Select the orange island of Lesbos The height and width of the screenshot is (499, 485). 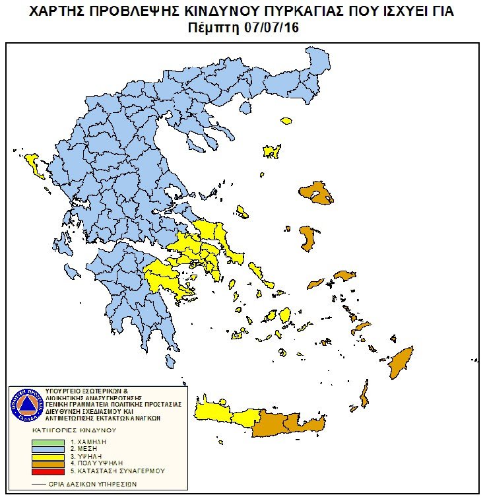tap(321, 195)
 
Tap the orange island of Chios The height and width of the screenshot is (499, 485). tap(307, 239)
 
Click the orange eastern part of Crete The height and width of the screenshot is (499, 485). tap(290, 423)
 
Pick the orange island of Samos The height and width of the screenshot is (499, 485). tap(344, 275)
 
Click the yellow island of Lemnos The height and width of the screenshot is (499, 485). tap(271, 152)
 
